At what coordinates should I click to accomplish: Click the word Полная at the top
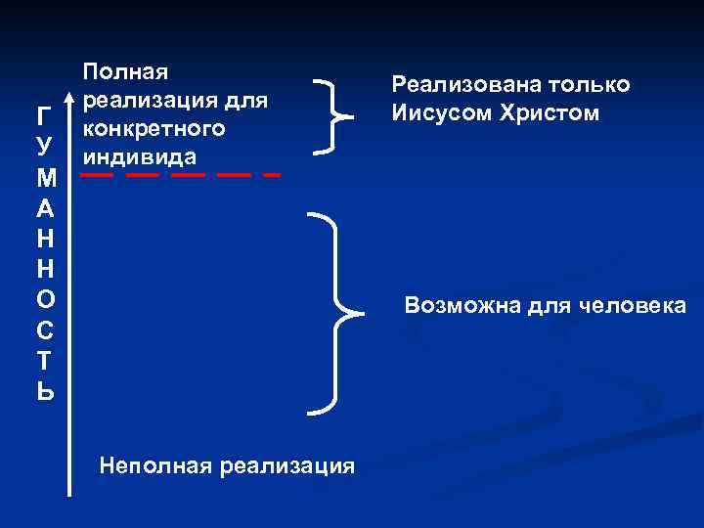[126, 71]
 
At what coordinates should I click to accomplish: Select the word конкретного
[154, 128]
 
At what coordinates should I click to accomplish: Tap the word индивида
[140, 156]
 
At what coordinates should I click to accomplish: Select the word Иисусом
[441, 113]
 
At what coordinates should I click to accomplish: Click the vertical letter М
[39, 179]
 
